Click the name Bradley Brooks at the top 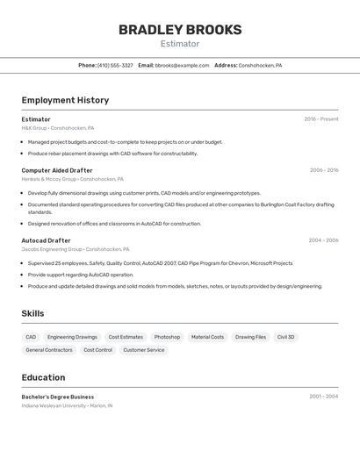click(180, 30)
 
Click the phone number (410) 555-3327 click(115, 65)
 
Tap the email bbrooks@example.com click(182, 65)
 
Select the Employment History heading click(65, 100)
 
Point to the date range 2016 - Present click(320, 119)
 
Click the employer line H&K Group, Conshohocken click(57, 128)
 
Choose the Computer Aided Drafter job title click(57, 170)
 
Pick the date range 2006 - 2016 click(323, 170)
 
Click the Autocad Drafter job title click(46, 240)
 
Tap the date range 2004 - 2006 click(323, 240)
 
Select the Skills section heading click(33, 313)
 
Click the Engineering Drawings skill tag click(72, 337)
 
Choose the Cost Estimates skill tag click(126, 337)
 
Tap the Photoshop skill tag click(167, 337)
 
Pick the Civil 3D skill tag click(285, 337)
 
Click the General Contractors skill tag click(49, 350)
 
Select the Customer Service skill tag click(143, 350)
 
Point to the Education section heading click(43, 377)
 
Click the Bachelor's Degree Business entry click(57, 397)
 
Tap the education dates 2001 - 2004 click(323, 397)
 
